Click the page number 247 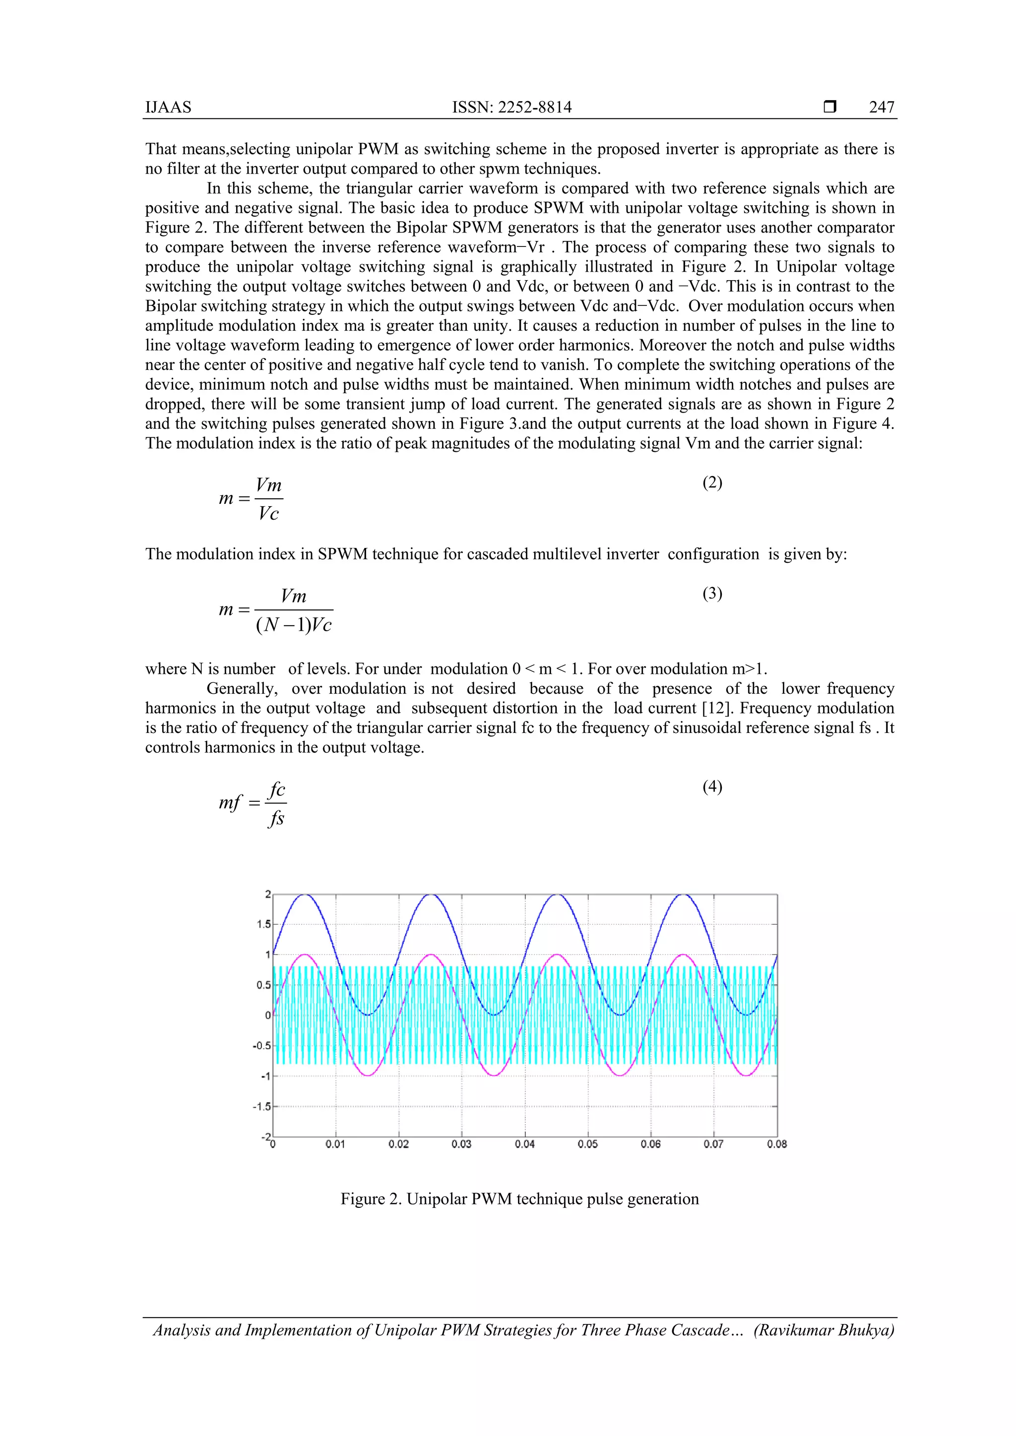tap(881, 107)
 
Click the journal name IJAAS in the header tap(168, 107)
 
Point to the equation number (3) tap(712, 593)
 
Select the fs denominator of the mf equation tap(276, 818)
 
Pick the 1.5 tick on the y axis tap(263, 924)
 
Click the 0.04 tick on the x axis tap(525, 1144)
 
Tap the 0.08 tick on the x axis tap(776, 1144)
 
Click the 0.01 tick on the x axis tap(335, 1144)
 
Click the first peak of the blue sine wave tap(305, 895)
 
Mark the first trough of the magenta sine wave tap(369, 1075)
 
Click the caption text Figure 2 tap(371, 1199)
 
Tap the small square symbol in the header tap(829, 107)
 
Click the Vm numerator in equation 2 tap(269, 485)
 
